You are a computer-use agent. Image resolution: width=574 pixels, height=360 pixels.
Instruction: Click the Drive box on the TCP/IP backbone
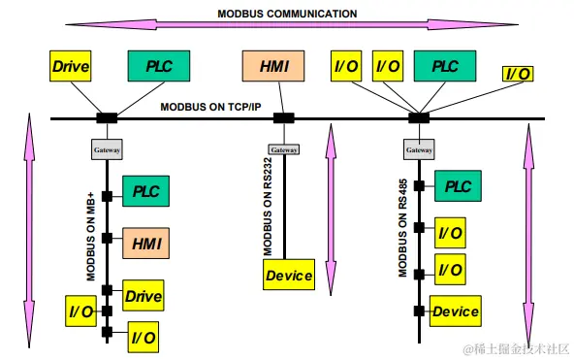click(70, 67)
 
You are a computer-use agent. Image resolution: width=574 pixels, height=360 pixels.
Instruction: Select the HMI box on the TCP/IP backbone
click(272, 67)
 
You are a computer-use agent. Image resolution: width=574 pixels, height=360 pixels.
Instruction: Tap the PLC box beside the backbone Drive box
click(158, 67)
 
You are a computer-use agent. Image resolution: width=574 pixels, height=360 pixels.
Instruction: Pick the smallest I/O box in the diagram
click(517, 73)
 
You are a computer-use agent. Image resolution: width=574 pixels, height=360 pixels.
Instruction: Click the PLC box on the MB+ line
click(145, 189)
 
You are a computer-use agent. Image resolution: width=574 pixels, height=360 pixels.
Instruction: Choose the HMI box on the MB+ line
click(145, 241)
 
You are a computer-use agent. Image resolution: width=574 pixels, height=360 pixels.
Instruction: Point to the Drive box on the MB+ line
click(143, 294)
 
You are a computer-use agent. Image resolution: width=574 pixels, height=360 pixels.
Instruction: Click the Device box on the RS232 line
click(289, 276)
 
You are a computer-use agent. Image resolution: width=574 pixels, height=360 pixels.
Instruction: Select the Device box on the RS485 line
click(455, 311)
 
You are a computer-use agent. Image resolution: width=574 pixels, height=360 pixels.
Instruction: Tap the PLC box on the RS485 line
click(458, 185)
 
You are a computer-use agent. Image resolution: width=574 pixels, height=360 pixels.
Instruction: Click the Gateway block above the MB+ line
click(106, 150)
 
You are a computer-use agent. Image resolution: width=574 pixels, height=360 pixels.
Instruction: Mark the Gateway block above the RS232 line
click(283, 150)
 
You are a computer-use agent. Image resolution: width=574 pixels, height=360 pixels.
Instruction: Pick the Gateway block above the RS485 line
click(418, 150)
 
